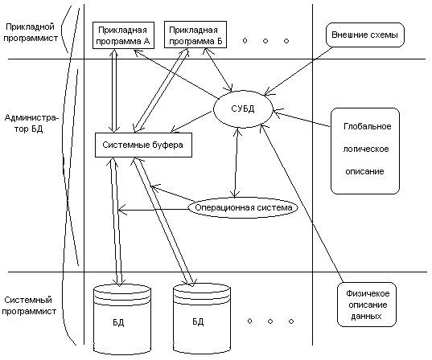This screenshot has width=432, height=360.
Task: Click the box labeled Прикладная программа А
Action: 123,35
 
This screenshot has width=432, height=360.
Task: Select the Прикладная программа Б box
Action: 195,35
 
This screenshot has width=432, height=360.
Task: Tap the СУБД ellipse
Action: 243,109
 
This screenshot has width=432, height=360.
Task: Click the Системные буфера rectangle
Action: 143,145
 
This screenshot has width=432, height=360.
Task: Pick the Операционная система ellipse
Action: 243,207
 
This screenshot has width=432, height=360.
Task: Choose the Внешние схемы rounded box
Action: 364,35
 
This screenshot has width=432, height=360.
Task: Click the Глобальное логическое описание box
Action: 365,151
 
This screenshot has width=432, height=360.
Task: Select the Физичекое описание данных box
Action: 367,305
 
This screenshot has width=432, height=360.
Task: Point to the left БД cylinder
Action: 122,319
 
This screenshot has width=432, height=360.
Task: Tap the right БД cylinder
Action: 202,318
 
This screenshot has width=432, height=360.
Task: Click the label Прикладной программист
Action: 31,32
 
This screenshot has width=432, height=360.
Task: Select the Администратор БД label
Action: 31,123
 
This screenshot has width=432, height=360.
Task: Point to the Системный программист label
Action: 29,305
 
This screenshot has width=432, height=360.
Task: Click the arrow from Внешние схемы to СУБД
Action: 298,72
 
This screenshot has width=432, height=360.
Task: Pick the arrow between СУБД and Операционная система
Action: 236,162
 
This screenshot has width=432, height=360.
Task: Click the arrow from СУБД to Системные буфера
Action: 191,121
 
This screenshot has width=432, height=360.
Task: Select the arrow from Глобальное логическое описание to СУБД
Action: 302,119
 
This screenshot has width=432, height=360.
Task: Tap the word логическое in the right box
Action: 366,149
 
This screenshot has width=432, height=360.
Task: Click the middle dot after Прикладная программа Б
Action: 265,41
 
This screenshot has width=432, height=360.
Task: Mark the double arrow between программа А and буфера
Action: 114,91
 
